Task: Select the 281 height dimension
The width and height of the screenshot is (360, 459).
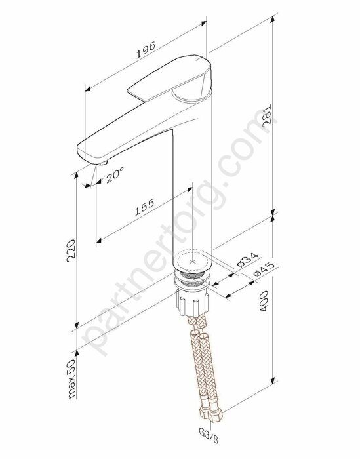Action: pos(266,117)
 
